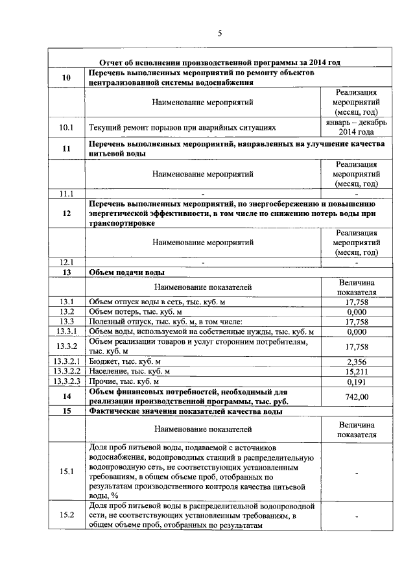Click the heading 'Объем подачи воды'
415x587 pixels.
tap(126, 272)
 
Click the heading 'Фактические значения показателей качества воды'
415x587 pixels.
tap(185, 411)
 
